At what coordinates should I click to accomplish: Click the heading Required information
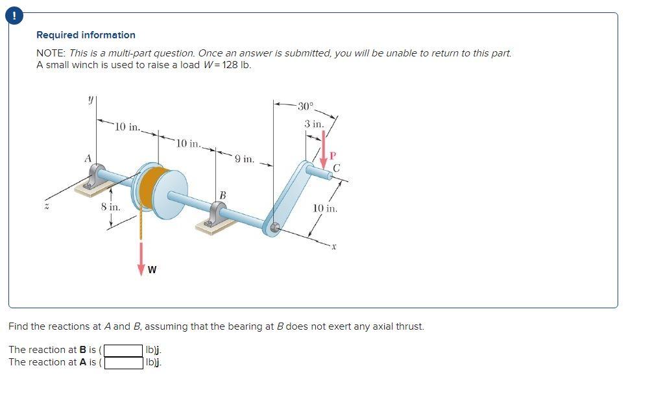(x=86, y=35)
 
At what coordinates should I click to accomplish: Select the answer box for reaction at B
(x=124, y=350)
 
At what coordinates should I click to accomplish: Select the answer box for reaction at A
(x=124, y=363)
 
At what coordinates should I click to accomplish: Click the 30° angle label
(x=305, y=106)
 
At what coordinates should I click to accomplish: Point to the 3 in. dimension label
(x=314, y=123)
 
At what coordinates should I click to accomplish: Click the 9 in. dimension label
(x=244, y=158)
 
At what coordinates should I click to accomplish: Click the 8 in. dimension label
(x=110, y=207)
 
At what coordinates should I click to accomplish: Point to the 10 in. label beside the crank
(x=324, y=208)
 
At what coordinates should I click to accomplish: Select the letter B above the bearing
(x=222, y=194)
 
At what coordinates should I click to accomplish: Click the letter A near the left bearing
(x=87, y=158)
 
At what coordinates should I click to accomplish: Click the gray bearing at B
(x=216, y=213)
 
